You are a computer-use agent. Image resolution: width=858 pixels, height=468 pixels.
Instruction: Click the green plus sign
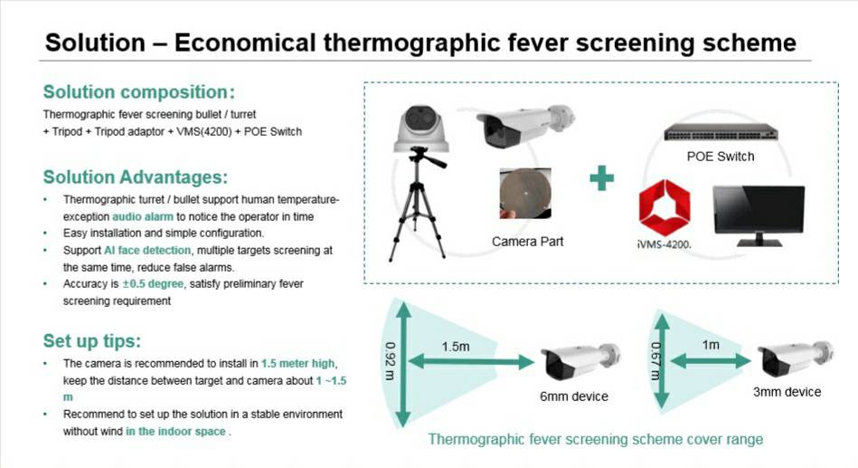click(601, 178)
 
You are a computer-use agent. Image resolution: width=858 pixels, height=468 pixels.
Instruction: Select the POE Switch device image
click(720, 132)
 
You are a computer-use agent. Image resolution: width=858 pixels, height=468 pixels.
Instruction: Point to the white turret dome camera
click(421, 129)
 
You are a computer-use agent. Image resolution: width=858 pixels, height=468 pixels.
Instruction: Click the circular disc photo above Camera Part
click(525, 194)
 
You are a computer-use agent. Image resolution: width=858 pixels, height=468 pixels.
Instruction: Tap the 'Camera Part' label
click(527, 242)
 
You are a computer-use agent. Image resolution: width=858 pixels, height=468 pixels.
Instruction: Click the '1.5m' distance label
click(456, 347)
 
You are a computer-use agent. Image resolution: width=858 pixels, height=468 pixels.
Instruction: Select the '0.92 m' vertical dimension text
click(390, 361)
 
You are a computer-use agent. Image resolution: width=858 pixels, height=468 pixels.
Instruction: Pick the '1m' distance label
click(711, 345)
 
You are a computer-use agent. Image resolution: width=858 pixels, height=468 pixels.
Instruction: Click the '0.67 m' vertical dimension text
click(655, 361)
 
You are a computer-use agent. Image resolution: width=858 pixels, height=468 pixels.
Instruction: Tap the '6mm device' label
click(574, 396)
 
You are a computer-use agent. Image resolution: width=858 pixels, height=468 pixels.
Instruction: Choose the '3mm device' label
click(787, 392)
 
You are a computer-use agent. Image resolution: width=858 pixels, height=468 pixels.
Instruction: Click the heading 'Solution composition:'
click(139, 92)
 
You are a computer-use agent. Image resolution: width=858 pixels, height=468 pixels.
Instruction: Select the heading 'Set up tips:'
click(92, 341)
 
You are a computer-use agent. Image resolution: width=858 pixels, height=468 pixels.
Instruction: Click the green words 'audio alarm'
click(143, 216)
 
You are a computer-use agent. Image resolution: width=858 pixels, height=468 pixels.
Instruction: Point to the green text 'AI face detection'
click(147, 251)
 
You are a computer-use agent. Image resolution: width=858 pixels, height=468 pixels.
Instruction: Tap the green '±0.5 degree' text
click(153, 284)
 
